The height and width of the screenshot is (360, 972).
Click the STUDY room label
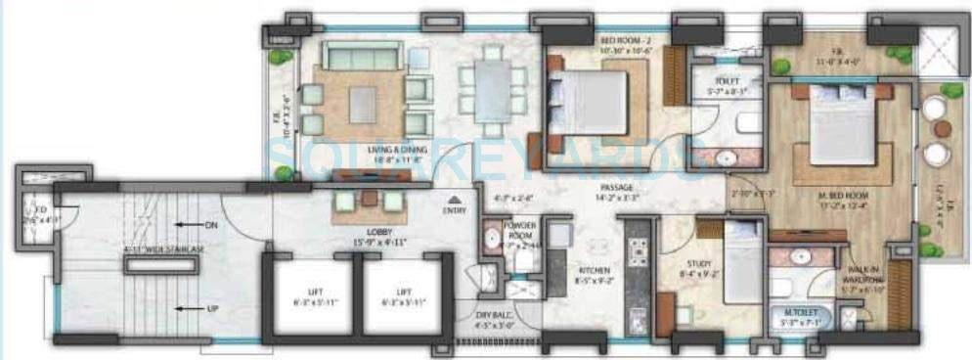(697, 262)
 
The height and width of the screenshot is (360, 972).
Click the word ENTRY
(455, 208)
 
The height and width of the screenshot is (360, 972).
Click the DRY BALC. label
(495, 314)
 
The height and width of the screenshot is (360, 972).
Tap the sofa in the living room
(361, 57)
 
